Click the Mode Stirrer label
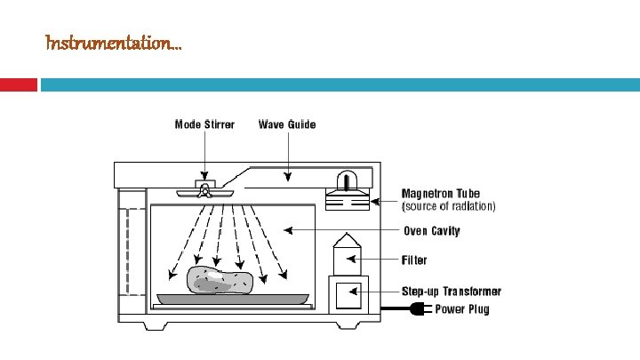coord(204,124)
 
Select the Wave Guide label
coord(286,124)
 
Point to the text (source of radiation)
coord(448,205)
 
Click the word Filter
coord(413,260)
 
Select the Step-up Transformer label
coord(452,292)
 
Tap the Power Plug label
coord(461,309)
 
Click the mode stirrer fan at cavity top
coord(204,191)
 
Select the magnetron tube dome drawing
coord(347,181)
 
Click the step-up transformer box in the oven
coord(347,294)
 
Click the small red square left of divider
coord(19,84)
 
